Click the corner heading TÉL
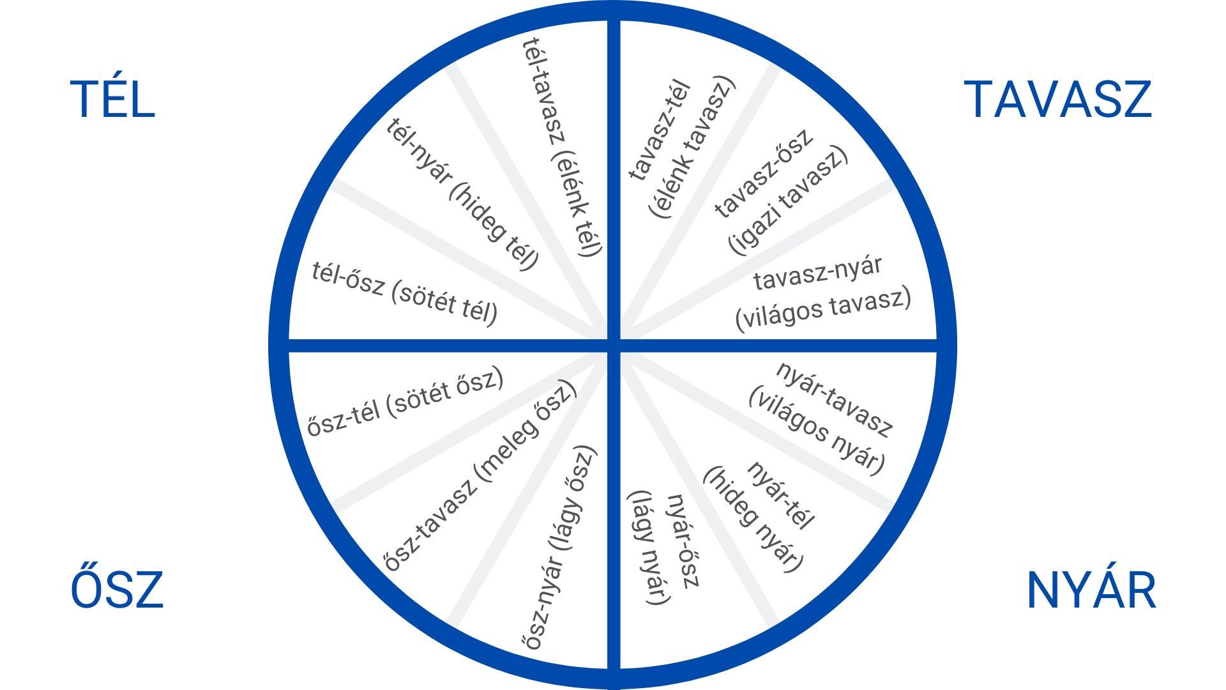click(x=112, y=100)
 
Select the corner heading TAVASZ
click(x=1060, y=100)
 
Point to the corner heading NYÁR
click(x=1091, y=590)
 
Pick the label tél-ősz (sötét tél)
click(x=405, y=293)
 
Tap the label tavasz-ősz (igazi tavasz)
click(x=780, y=192)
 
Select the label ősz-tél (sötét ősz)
click(x=405, y=402)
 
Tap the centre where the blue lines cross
click(x=613, y=345)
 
